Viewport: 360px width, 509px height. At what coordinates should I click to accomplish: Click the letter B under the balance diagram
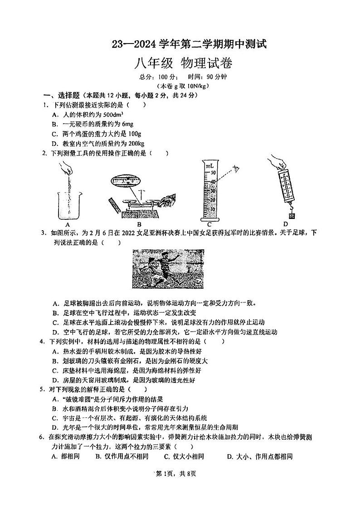coord(140,224)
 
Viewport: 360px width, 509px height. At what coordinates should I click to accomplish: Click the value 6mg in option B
coord(126,124)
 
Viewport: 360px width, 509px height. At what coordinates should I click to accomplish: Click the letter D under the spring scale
coord(286,223)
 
